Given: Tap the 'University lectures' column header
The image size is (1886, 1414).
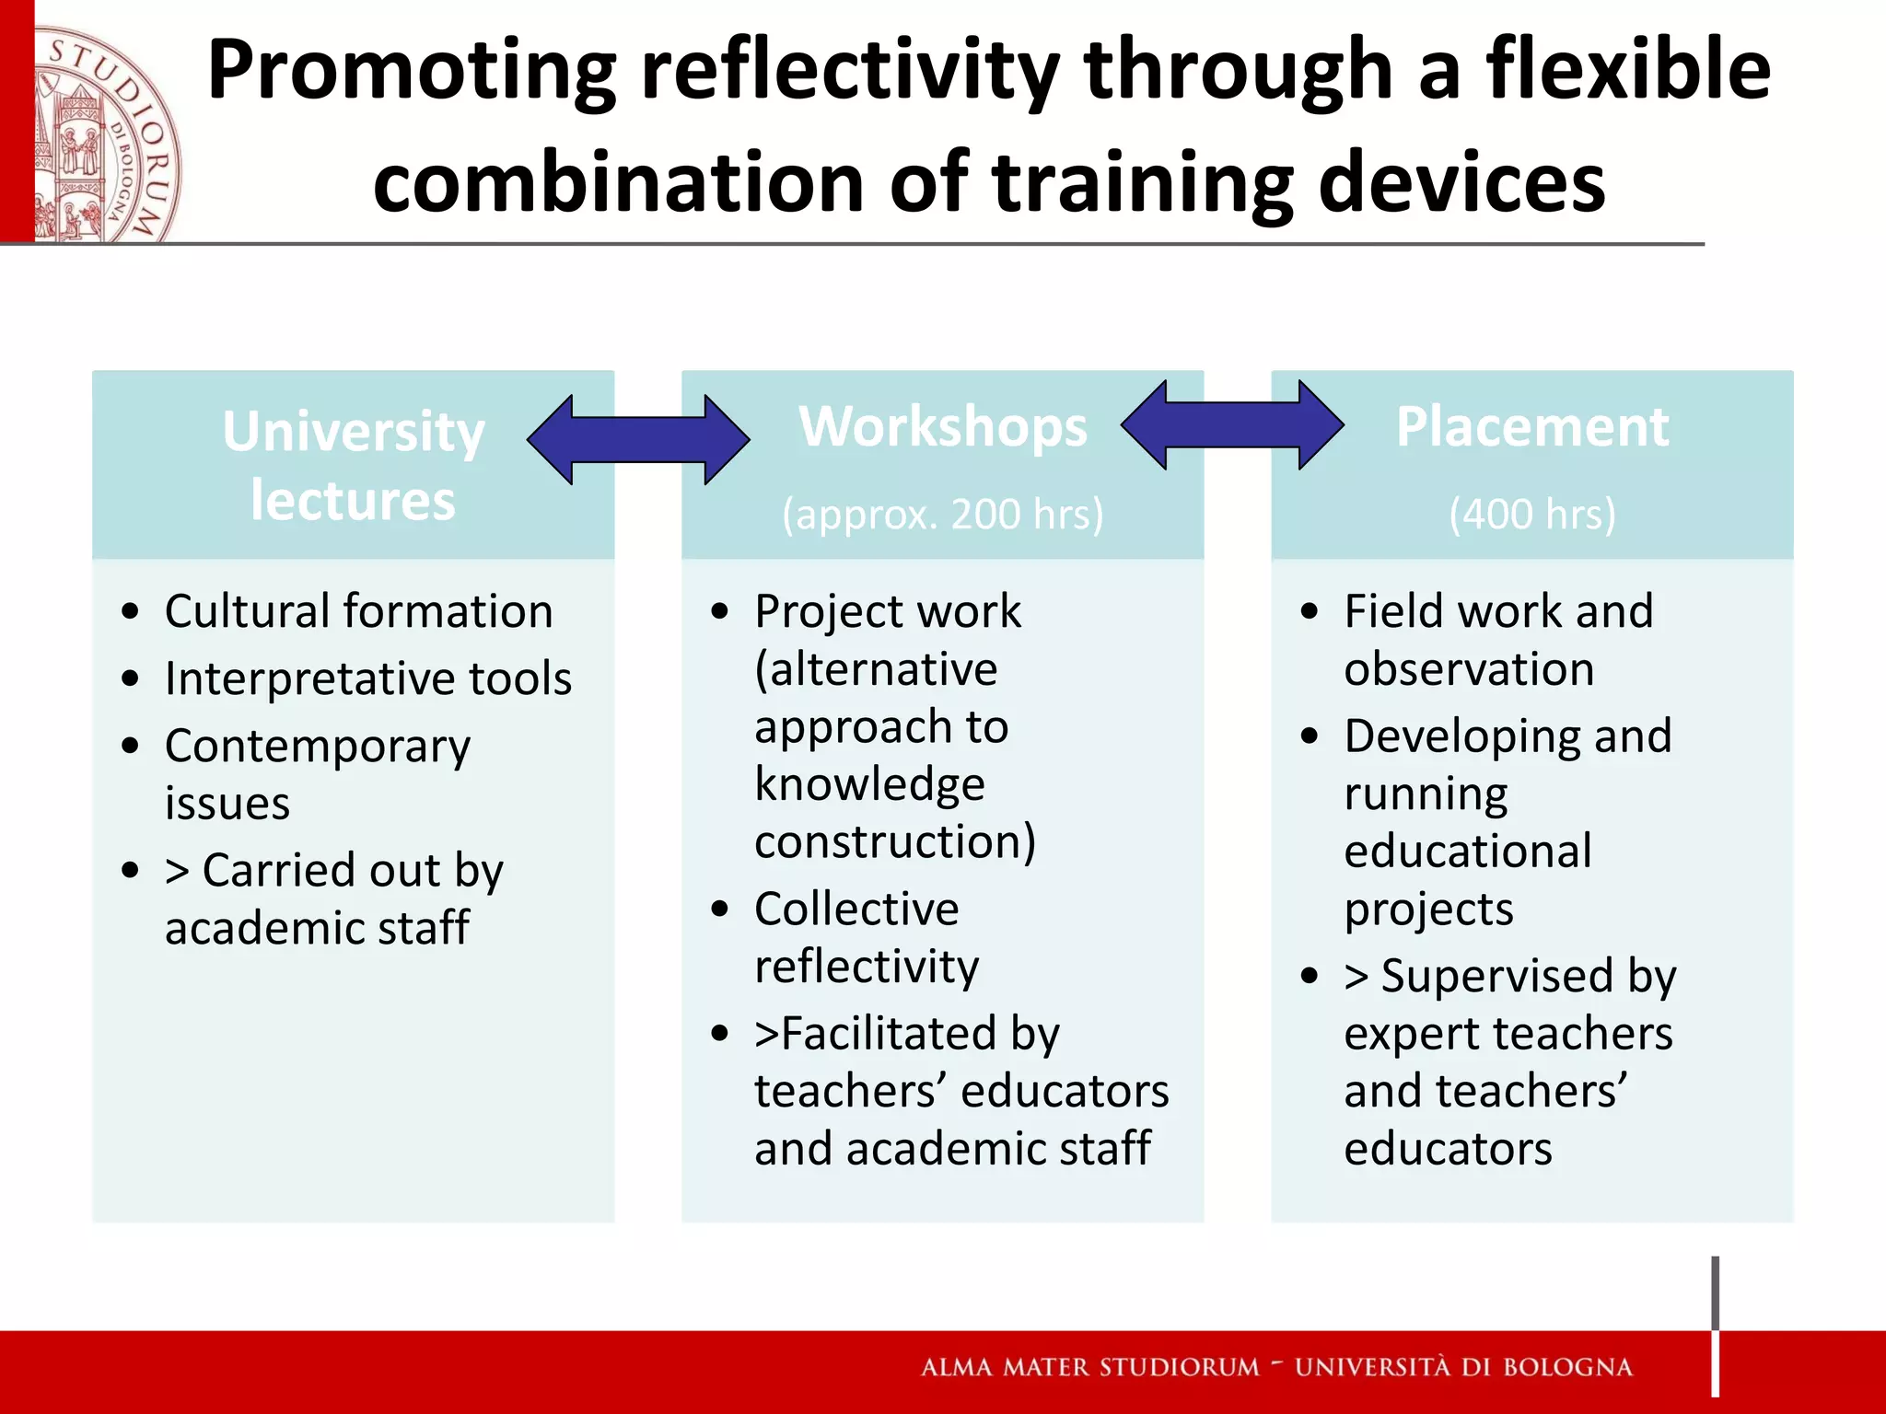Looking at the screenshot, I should tap(354, 465).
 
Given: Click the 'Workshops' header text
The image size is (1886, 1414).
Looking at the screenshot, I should tap(943, 427).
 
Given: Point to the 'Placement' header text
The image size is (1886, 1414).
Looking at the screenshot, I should tap(1532, 427).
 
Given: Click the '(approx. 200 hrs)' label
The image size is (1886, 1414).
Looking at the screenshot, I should tap(943, 514).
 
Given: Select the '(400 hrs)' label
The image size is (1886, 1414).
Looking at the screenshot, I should tap(1532, 514).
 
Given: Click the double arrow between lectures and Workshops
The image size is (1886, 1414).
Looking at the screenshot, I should tap(638, 440).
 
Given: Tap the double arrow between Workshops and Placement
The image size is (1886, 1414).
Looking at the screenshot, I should tap(1232, 425).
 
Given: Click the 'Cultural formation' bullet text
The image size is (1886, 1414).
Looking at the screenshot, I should tap(359, 611).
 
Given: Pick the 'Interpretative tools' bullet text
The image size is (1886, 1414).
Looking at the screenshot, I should tap(368, 679).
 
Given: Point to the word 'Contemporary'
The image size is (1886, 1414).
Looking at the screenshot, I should tap(318, 747).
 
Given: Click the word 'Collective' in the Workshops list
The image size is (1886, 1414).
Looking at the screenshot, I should tap(856, 910).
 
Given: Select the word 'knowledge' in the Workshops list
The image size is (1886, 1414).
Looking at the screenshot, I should tap(869, 784).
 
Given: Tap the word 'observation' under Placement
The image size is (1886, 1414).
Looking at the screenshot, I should tap(1469, 669).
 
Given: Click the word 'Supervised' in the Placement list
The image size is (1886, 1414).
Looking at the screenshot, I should tap(1497, 977).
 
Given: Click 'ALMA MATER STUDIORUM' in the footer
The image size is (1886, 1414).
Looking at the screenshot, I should tap(1090, 1367).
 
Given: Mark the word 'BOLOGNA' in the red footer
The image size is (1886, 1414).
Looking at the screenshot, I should tap(1567, 1367).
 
